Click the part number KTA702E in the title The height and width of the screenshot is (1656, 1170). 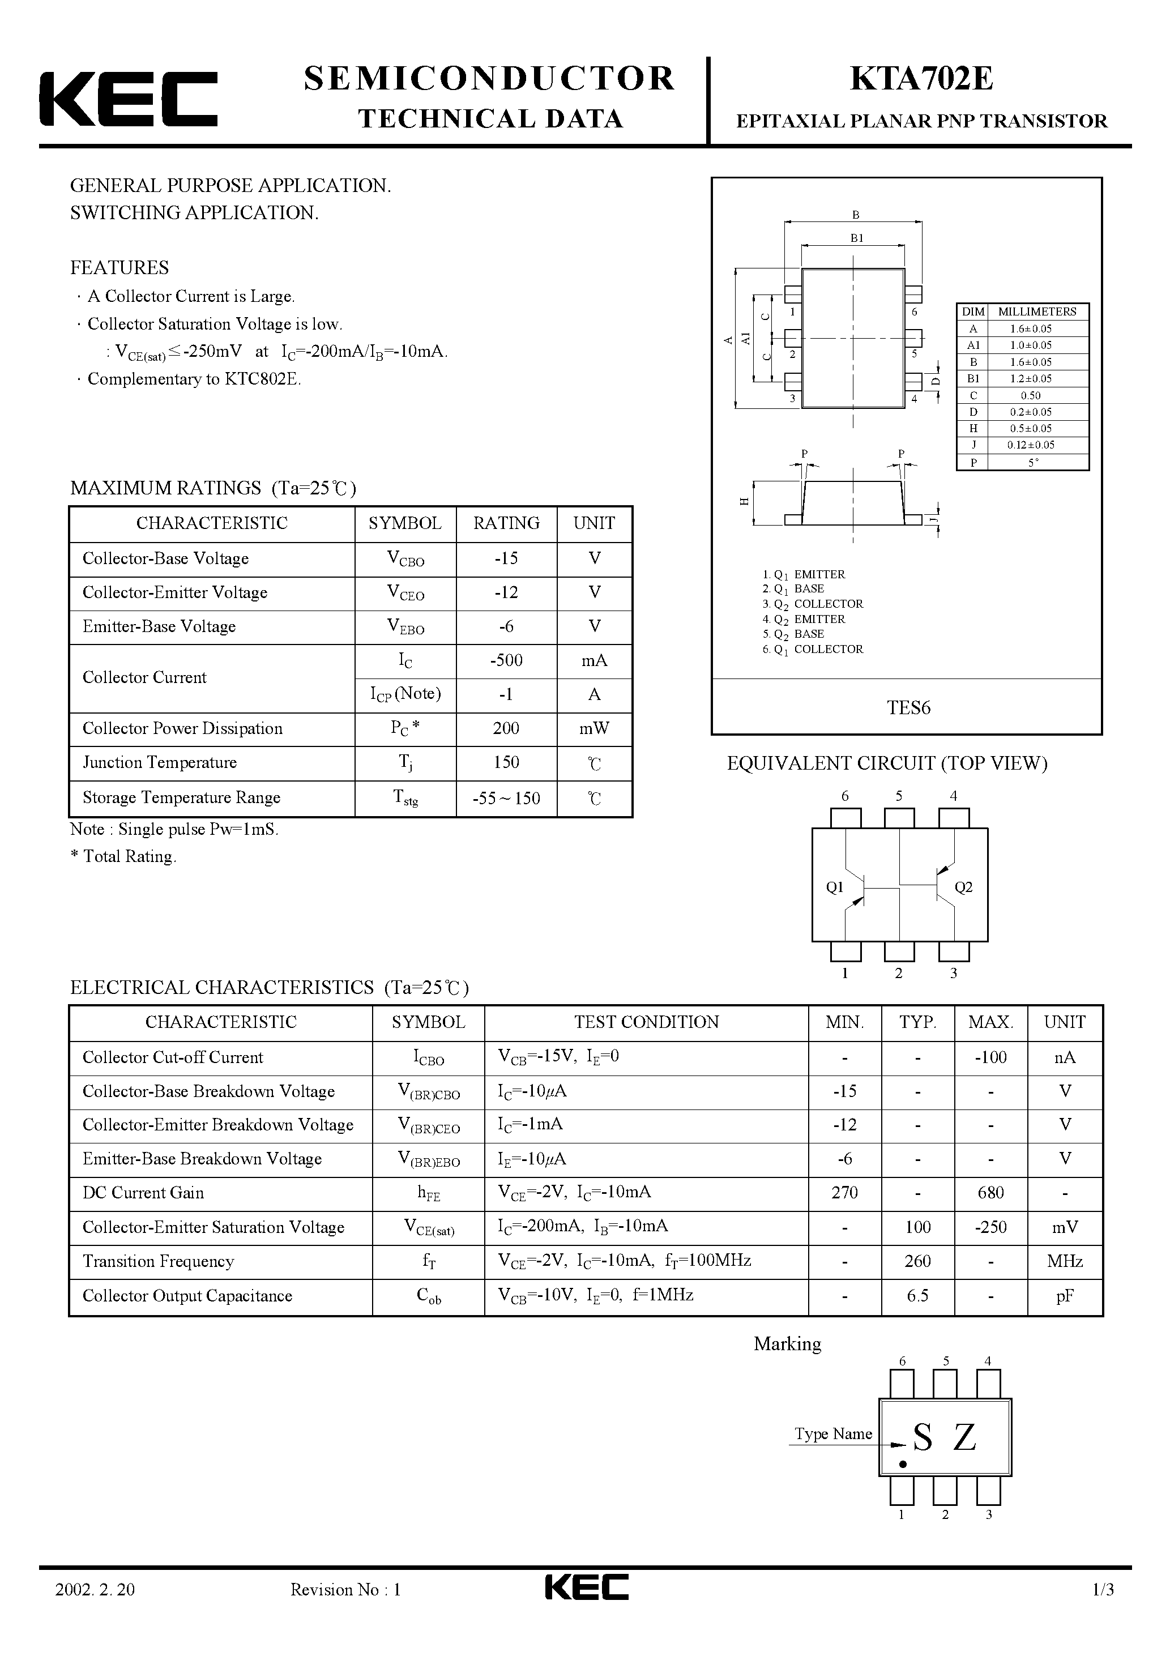[921, 79]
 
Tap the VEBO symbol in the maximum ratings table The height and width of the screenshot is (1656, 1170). [405, 627]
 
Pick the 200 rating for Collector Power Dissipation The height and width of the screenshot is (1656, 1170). [506, 728]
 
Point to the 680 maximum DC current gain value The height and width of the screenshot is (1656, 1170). [990, 1193]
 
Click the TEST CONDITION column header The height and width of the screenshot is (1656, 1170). [646, 1023]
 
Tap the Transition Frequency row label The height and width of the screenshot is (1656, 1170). [159, 1261]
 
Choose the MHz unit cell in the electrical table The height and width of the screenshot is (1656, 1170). [1065, 1261]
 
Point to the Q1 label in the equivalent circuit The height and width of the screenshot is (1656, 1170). [835, 888]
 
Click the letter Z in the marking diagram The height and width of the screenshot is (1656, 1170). [964, 1437]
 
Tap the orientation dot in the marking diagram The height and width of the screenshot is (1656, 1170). [902, 1465]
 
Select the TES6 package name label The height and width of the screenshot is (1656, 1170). [908, 707]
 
